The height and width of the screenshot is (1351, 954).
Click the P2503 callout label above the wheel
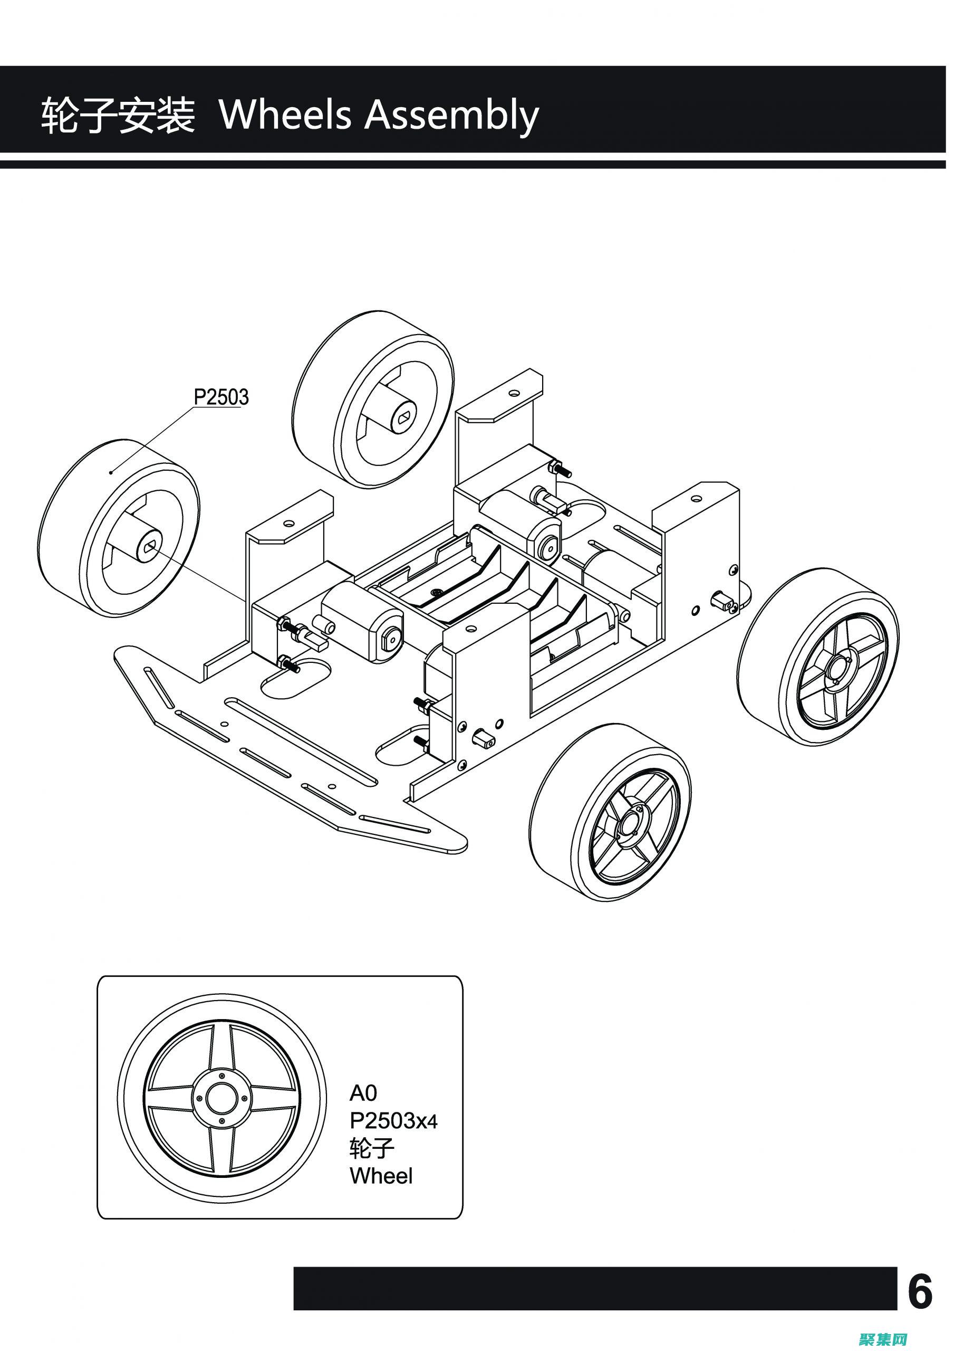(221, 397)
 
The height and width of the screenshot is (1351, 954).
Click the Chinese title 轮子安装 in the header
(118, 116)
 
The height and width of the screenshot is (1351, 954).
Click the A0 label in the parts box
(363, 1092)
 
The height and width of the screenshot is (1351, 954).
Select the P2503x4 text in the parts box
(393, 1121)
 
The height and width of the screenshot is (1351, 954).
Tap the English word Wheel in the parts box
(381, 1176)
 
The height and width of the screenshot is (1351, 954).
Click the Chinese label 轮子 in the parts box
(371, 1148)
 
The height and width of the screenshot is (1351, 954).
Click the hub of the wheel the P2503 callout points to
(148, 546)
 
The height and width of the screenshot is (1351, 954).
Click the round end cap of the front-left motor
(388, 635)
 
